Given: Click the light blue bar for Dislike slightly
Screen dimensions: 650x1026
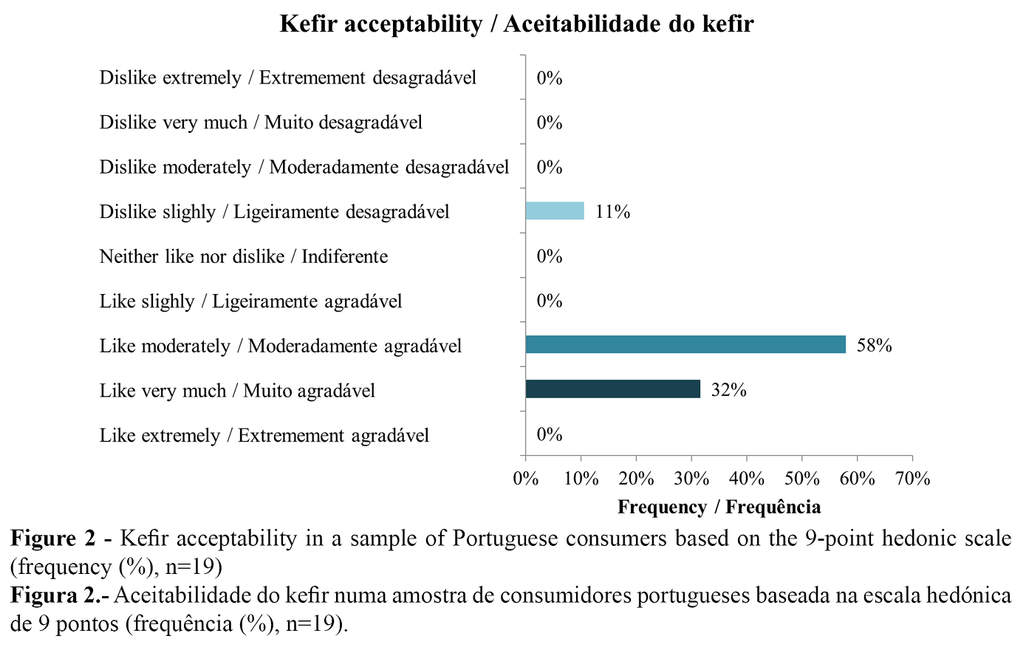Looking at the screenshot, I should [x=555, y=211].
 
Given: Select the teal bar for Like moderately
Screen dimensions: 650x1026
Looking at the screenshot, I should [x=685, y=345].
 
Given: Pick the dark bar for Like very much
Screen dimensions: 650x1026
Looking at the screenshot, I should [x=612, y=389].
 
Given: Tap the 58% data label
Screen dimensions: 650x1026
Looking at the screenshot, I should [x=874, y=346].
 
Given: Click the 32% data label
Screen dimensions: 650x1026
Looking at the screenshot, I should [x=728, y=390].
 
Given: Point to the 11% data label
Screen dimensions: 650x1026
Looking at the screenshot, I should [x=612, y=212].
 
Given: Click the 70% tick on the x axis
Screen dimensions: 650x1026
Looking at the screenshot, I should [x=912, y=479].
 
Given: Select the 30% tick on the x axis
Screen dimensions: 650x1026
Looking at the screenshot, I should [x=691, y=479].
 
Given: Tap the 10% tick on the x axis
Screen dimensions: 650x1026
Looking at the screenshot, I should [x=581, y=479].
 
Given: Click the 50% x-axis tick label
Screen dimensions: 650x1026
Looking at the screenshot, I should [x=801, y=479].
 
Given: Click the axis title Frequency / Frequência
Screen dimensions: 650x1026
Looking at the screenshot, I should [x=719, y=507].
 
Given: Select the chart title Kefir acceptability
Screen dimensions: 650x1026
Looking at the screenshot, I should [x=516, y=24].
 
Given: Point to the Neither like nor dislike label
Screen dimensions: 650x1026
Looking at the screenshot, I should [x=244, y=256].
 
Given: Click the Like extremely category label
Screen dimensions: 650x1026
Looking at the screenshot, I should [x=264, y=435].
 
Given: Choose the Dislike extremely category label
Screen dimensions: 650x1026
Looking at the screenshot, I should [x=288, y=78].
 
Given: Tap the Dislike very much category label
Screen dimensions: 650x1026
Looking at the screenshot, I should [x=261, y=122].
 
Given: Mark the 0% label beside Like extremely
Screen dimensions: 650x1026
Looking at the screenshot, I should [x=550, y=434].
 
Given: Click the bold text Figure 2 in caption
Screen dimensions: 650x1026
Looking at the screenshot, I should [x=53, y=538].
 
